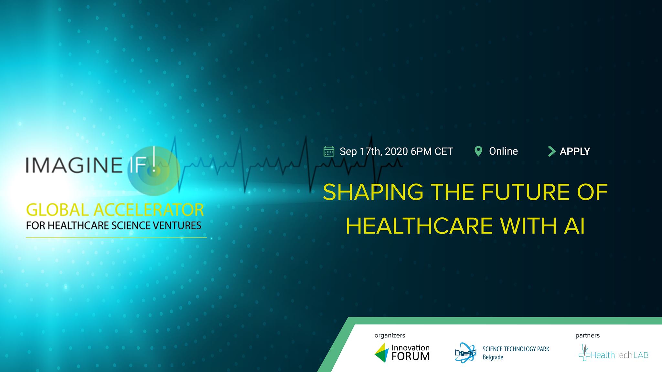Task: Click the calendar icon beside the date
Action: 329,151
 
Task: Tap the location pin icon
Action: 478,151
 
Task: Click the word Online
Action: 503,151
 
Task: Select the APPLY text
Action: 575,151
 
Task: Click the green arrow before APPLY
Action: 552,151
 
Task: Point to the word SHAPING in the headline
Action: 373,192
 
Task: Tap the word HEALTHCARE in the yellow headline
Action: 419,226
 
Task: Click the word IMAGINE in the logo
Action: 74,165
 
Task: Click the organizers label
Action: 390,336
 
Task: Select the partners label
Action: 588,336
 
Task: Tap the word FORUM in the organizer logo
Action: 411,356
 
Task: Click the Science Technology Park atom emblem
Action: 465,353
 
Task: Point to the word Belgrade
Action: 493,357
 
